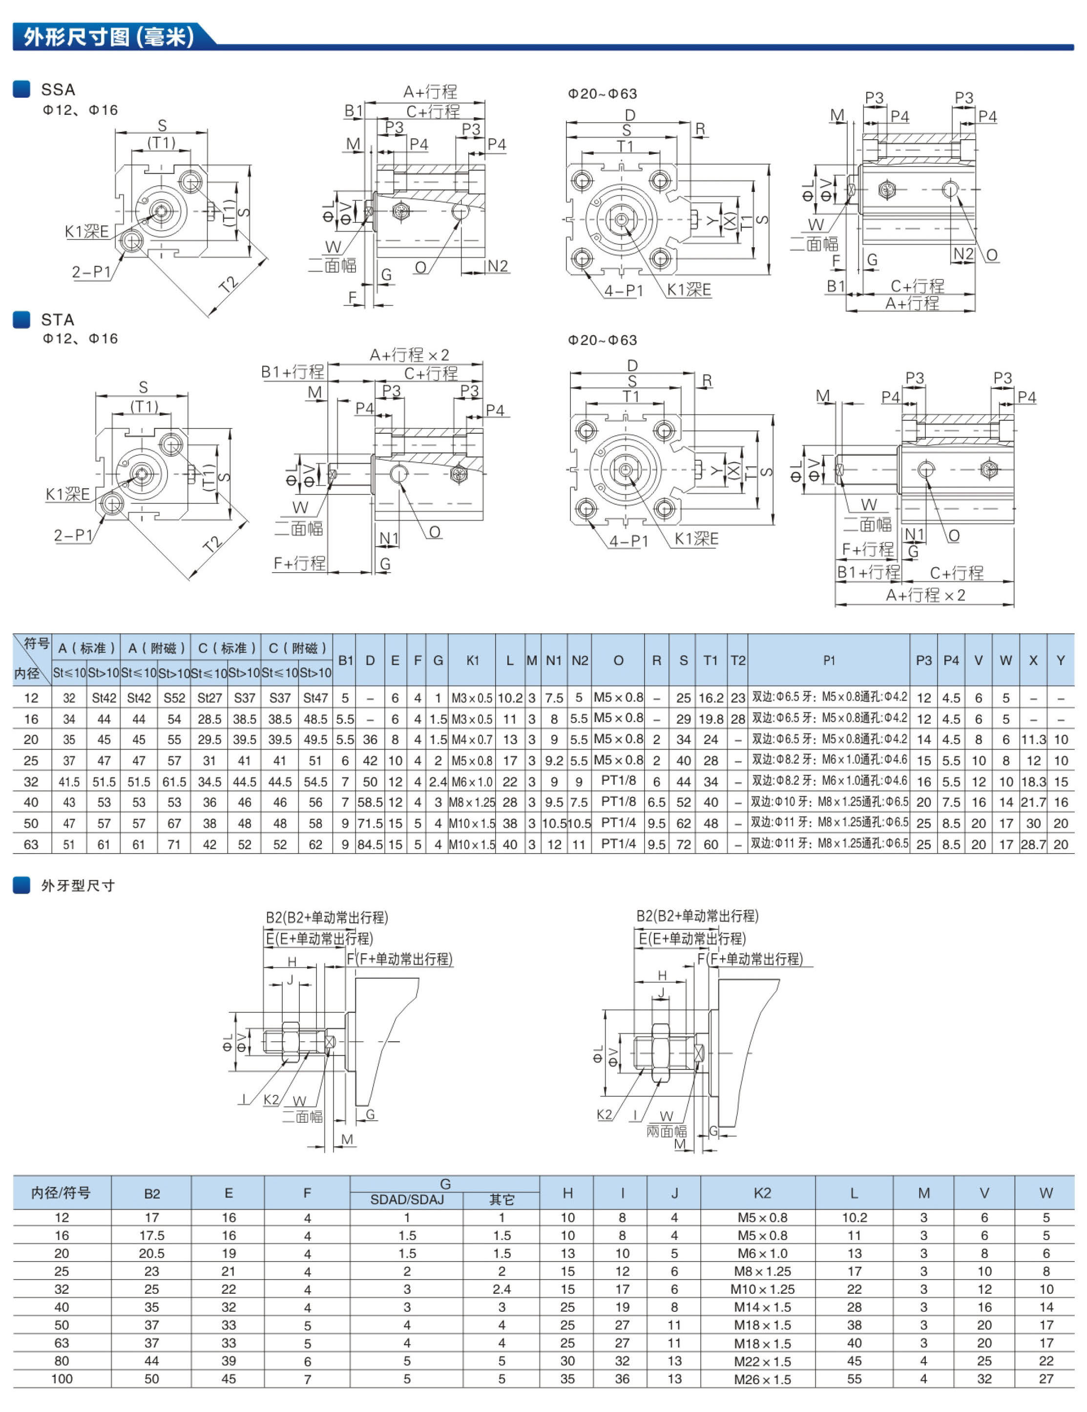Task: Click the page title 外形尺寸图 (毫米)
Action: [108, 37]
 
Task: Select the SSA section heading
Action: [58, 89]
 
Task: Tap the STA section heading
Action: [58, 320]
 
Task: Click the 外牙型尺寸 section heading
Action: [78, 885]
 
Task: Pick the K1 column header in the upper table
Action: [472, 660]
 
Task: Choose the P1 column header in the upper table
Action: [829, 660]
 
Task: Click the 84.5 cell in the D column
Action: [370, 844]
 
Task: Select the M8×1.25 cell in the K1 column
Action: [472, 802]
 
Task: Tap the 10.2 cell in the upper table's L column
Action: [510, 698]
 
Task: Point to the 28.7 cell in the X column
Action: [1033, 844]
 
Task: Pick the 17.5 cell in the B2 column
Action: [151, 1236]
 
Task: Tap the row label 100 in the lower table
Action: [62, 1379]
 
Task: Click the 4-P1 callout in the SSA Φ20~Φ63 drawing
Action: [624, 291]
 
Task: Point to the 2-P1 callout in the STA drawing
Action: [73, 535]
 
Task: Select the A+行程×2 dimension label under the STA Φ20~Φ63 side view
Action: [925, 595]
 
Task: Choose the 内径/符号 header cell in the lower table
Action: [62, 1193]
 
